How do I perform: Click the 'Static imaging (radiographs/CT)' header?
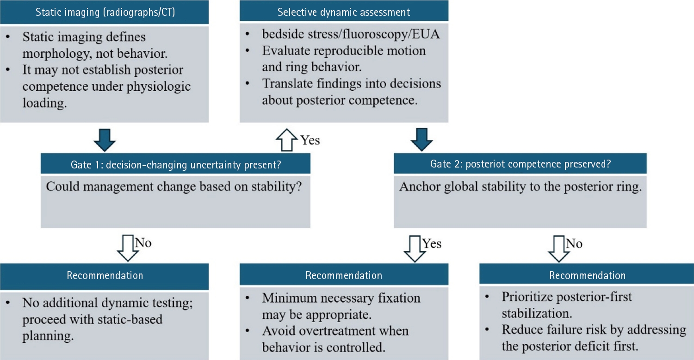(105, 12)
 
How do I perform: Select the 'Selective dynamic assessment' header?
(344, 12)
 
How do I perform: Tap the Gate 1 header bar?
(175, 164)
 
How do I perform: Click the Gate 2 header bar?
(520, 164)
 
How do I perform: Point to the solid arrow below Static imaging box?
(105, 139)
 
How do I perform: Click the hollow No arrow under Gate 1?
(128, 248)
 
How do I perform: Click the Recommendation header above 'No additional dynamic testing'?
(105, 276)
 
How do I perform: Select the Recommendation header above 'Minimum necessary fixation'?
(344, 276)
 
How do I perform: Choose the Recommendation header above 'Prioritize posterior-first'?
(587, 276)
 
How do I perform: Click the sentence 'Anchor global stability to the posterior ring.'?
(520, 187)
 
